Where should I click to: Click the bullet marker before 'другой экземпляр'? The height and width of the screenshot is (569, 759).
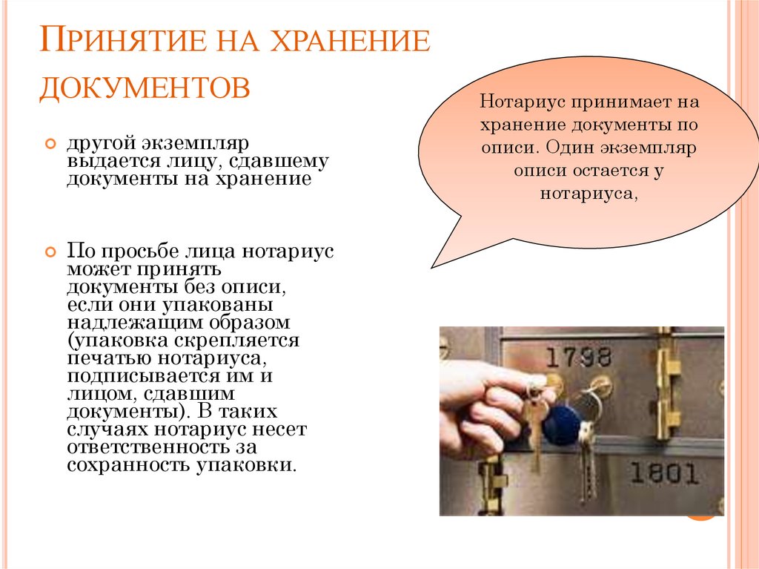click(50, 143)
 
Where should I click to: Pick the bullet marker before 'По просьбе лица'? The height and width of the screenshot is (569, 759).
click(50, 251)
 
